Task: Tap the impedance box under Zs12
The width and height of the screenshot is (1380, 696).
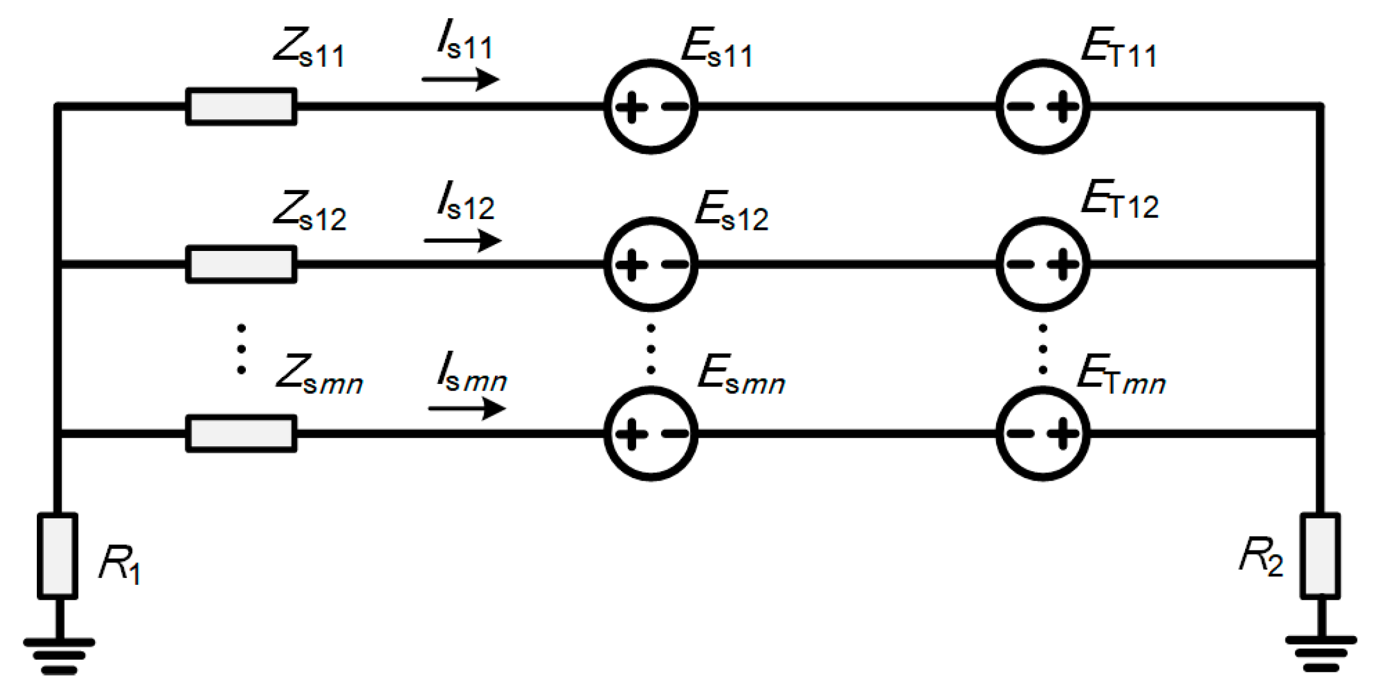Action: pyautogui.click(x=241, y=265)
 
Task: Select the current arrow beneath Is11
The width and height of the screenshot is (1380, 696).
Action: pyautogui.click(x=461, y=79)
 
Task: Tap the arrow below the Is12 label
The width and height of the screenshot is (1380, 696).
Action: pyautogui.click(x=462, y=240)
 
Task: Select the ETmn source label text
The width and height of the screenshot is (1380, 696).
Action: pyautogui.click(x=1122, y=375)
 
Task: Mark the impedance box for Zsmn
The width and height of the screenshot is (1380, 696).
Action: pyautogui.click(x=241, y=433)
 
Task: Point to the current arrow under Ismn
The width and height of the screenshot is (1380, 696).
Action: pyautogui.click(x=467, y=409)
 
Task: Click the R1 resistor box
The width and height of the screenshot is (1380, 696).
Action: pyautogui.click(x=57, y=556)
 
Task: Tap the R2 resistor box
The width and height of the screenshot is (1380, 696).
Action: pyautogui.click(x=1320, y=556)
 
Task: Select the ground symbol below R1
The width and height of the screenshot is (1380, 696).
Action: pyautogui.click(x=59, y=656)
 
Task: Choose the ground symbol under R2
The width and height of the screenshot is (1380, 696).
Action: pyautogui.click(x=1321, y=654)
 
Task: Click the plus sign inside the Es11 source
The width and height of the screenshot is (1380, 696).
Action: pyautogui.click(x=631, y=107)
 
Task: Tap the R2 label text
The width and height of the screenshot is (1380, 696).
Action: pyautogui.click(x=1261, y=557)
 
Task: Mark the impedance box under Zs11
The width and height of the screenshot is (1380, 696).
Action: pyautogui.click(x=241, y=107)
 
